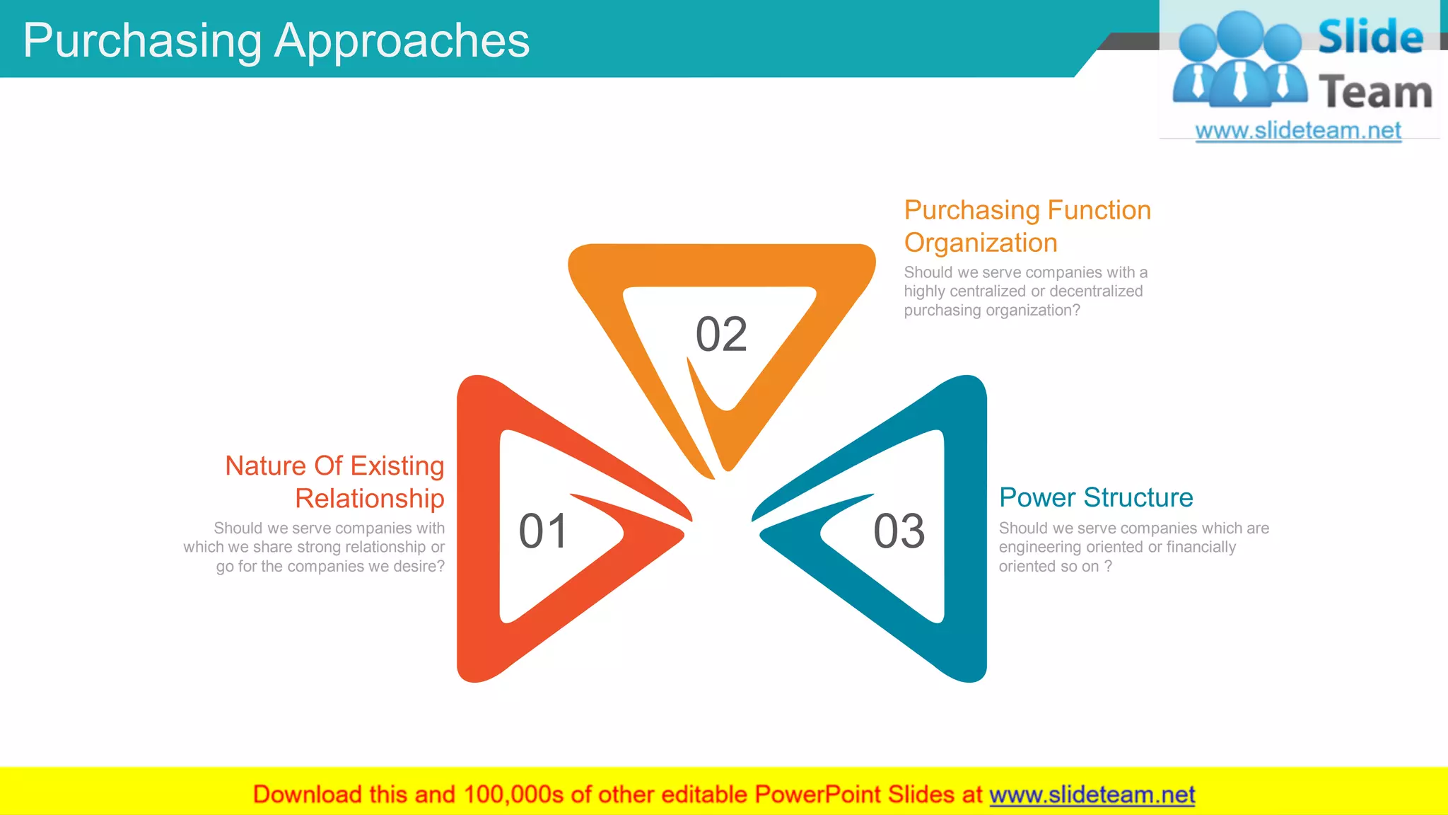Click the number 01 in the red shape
543,531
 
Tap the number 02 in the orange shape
721,335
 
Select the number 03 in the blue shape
899,531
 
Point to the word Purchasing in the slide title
142,41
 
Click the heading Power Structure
1096,497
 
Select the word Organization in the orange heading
981,243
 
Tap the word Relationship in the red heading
370,499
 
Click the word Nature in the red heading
265,466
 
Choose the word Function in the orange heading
1099,210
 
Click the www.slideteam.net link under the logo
1297,130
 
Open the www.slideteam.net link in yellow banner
1092,794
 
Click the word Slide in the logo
1370,37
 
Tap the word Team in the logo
1375,93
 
